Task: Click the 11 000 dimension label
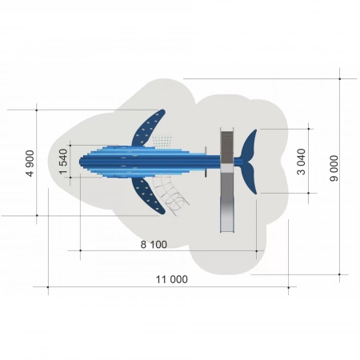(x=172, y=279)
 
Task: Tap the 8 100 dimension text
(x=154, y=245)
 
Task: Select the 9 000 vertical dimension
(x=334, y=168)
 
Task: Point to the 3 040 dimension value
(x=301, y=162)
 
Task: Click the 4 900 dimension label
(x=30, y=163)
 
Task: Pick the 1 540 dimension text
(x=63, y=162)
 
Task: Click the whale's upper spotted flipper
(x=148, y=128)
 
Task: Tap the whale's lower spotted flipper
(x=148, y=195)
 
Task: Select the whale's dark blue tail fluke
(x=249, y=162)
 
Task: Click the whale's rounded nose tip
(x=80, y=162)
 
